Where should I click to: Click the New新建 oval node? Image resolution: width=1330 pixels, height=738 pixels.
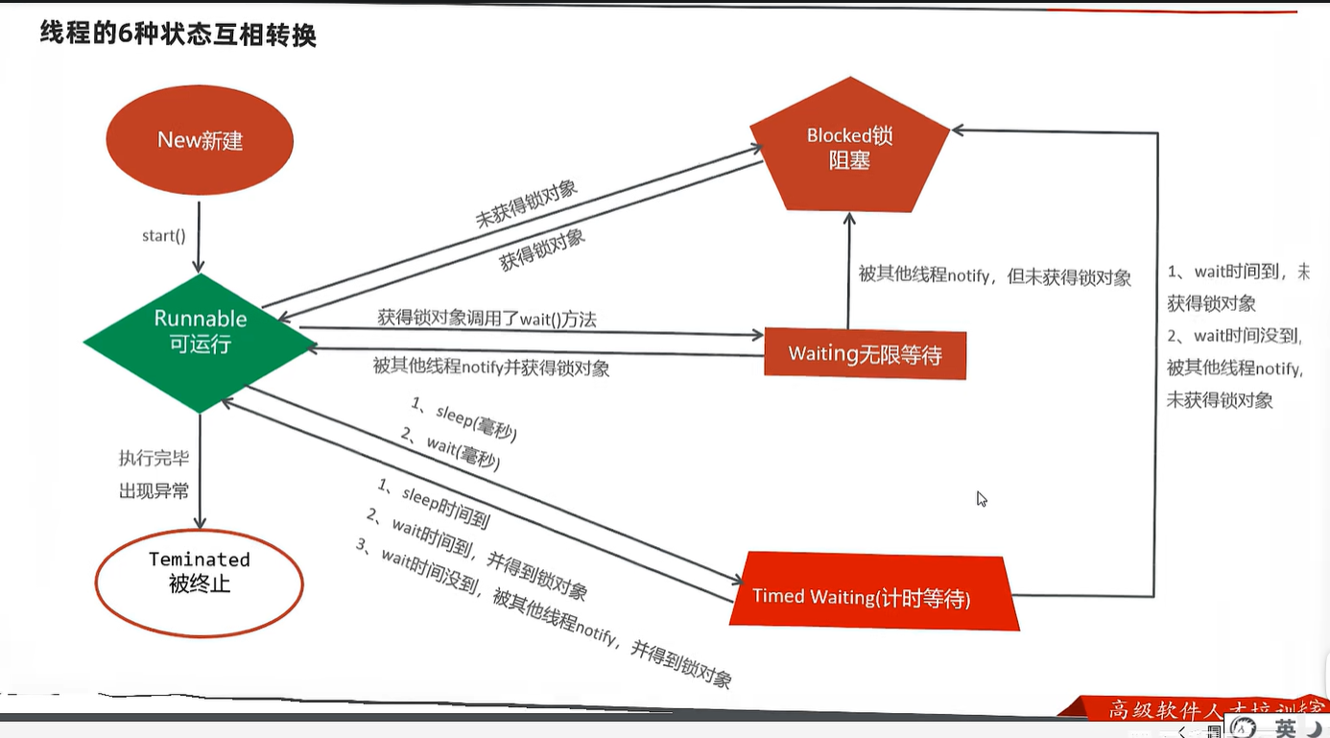click(200, 140)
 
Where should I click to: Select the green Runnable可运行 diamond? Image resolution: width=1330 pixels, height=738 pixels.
click(201, 331)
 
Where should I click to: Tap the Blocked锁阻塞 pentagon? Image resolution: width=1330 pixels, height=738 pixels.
click(849, 148)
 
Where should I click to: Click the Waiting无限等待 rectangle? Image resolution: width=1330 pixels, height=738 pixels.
click(865, 354)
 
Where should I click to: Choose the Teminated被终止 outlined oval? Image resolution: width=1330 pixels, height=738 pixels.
click(200, 583)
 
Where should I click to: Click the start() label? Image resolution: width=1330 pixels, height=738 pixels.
click(163, 235)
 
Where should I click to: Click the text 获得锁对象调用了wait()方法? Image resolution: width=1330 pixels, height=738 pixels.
click(487, 319)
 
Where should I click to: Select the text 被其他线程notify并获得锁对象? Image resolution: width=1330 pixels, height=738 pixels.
click(490, 367)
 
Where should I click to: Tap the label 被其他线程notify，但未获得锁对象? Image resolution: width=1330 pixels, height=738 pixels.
click(994, 276)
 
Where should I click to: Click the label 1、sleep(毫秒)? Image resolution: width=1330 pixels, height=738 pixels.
click(464, 420)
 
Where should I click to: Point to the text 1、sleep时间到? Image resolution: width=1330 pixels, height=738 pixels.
click(434, 504)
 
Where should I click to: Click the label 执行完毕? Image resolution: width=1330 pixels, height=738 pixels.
click(154, 458)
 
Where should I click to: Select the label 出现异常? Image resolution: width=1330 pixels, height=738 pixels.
click(154, 490)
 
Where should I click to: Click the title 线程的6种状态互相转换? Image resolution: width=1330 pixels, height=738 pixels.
click(178, 35)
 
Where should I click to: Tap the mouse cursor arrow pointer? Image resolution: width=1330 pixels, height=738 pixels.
click(981, 498)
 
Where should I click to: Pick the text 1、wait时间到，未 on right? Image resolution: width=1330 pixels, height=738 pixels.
click(1238, 273)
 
